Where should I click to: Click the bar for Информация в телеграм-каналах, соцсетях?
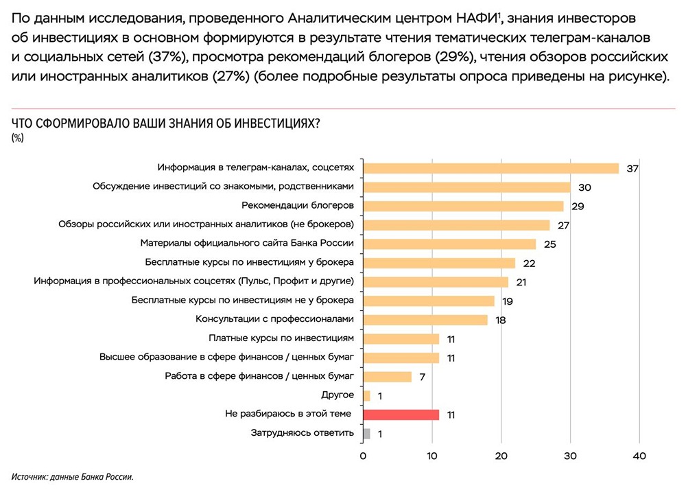pos(490,168)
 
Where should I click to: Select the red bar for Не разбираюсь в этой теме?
pos(401,415)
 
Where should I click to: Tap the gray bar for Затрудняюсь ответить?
pos(366,433)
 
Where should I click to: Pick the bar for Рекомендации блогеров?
pos(463,206)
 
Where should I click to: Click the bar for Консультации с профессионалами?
pos(425,320)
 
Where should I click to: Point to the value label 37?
pos(632,169)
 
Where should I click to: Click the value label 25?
pos(549,244)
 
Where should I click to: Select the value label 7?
pos(423,377)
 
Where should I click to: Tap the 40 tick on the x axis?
pos(639,456)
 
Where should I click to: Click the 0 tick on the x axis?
pos(363,456)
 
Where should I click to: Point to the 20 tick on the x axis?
pos(501,456)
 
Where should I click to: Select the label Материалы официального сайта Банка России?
pos(247,243)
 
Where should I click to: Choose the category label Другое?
pos(338,395)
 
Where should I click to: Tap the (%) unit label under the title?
pos(18,138)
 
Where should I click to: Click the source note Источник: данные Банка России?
pos(71,477)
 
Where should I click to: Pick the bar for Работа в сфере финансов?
pos(387,377)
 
